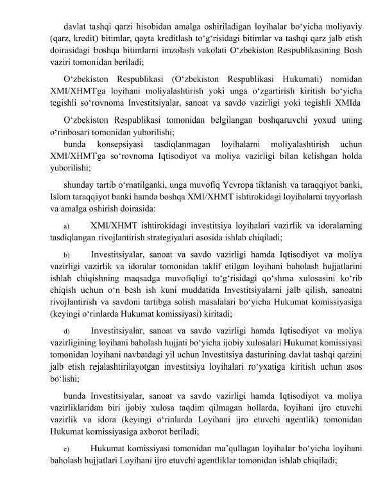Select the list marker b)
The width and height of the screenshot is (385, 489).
(x=65, y=255)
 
